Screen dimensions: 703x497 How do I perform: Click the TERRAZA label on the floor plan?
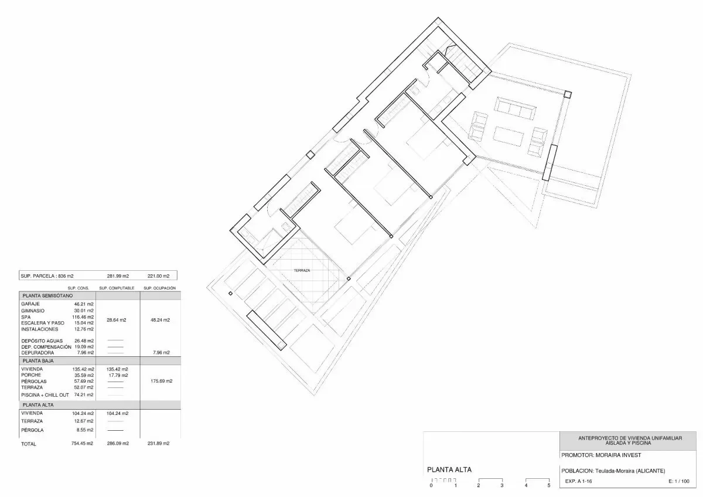click(x=302, y=270)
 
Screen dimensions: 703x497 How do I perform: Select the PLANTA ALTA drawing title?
click(x=449, y=469)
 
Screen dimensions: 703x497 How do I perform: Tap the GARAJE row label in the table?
click(x=30, y=304)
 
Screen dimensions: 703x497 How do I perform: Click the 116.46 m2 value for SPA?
click(x=83, y=317)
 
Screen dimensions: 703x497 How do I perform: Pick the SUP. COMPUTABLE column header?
click(x=117, y=288)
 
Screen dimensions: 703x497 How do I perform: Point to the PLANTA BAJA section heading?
click(x=38, y=361)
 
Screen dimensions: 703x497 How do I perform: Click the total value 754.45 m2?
click(x=82, y=443)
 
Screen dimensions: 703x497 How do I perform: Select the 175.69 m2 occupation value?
click(x=161, y=381)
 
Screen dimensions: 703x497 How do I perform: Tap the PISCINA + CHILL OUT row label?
click(x=45, y=395)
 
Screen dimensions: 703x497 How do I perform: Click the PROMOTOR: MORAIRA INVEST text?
click(x=601, y=455)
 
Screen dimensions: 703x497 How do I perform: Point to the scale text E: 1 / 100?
click(x=679, y=481)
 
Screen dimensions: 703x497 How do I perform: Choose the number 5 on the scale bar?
click(x=549, y=485)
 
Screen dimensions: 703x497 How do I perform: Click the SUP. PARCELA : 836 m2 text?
click(x=47, y=276)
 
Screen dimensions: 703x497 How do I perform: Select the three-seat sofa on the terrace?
click(x=515, y=108)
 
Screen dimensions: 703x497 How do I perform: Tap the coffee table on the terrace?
click(x=509, y=136)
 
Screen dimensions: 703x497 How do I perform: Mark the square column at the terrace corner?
click(x=568, y=94)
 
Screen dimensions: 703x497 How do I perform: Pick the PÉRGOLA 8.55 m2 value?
click(x=83, y=430)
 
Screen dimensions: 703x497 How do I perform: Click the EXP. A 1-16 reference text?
click(x=578, y=481)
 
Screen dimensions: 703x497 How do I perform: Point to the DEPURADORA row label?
click(x=37, y=353)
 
